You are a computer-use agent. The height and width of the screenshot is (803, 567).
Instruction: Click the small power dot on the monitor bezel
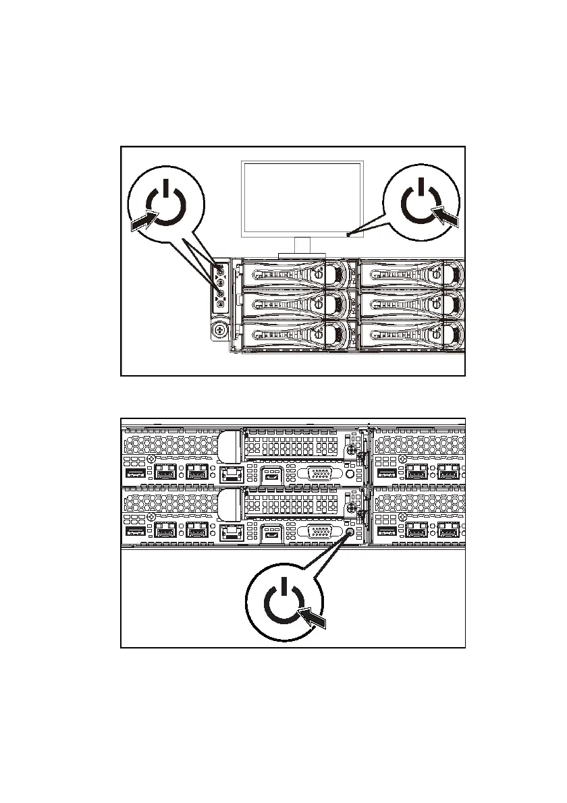[348, 235]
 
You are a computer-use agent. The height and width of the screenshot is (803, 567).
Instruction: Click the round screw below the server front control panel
[219, 331]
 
